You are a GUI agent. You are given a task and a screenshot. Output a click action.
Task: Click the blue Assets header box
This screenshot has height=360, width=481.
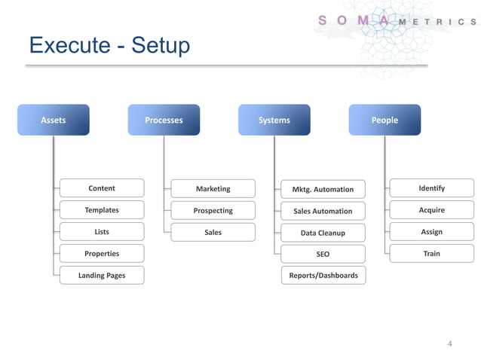(x=54, y=120)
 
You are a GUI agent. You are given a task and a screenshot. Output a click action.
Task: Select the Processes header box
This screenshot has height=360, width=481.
(x=164, y=120)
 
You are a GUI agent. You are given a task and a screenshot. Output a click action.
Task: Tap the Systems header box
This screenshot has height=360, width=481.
(x=274, y=120)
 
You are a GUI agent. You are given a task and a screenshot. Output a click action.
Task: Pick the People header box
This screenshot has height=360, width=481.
(x=384, y=120)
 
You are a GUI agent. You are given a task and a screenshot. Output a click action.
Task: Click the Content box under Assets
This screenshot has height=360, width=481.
(x=102, y=188)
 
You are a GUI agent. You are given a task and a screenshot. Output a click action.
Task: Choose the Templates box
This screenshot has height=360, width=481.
(x=102, y=210)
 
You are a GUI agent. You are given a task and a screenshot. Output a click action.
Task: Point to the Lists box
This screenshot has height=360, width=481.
(x=102, y=232)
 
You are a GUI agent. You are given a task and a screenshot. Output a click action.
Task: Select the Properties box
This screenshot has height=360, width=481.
(x=102, y=254)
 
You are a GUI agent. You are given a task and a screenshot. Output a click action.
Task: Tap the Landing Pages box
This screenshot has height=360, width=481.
(x=102, y=276)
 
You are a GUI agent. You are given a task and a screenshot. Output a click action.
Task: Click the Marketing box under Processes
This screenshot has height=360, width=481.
(x=213, y=188)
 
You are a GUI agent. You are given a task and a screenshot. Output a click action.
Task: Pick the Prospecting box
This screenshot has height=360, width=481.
(x=213, y=211)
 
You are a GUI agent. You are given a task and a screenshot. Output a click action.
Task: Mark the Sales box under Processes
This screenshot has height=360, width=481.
(x=213, y=233)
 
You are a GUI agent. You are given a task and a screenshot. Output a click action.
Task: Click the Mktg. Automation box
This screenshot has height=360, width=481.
(x=323, y=189)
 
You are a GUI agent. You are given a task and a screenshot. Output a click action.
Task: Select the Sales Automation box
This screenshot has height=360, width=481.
(x=323, y=211)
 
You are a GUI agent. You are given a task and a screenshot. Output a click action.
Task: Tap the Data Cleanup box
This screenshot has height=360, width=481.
(x=323, y=233)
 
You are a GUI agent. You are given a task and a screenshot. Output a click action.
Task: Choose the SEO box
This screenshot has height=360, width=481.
(x=323, y=255)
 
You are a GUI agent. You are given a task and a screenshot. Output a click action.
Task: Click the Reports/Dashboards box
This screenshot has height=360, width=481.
(x=323, y=276)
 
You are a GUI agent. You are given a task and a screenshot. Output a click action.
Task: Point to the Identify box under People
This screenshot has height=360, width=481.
(x=431, y=188)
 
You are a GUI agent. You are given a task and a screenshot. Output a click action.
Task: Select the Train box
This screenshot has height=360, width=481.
(x=431, y=254)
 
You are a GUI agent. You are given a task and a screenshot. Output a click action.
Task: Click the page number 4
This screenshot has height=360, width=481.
(x=450, y=344)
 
